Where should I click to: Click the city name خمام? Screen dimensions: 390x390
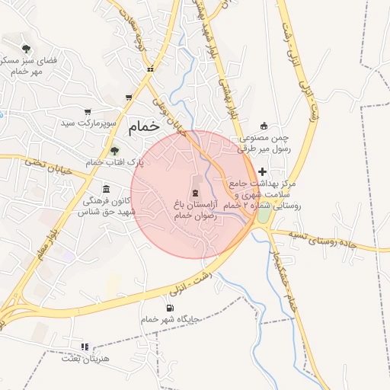[145, 127]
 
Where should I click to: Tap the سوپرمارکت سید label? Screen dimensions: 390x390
[90, 122]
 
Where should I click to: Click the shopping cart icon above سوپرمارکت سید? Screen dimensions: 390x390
[88, 111]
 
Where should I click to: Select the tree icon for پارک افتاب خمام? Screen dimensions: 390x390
[114, 151]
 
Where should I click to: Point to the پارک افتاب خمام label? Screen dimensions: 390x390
[113, 162]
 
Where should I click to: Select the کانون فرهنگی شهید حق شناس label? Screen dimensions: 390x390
[105, 206]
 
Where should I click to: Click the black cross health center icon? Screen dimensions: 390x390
[263, 172]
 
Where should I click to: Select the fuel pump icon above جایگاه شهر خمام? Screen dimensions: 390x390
[169, 308]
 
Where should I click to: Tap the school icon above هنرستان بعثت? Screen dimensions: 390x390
[85, 347]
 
